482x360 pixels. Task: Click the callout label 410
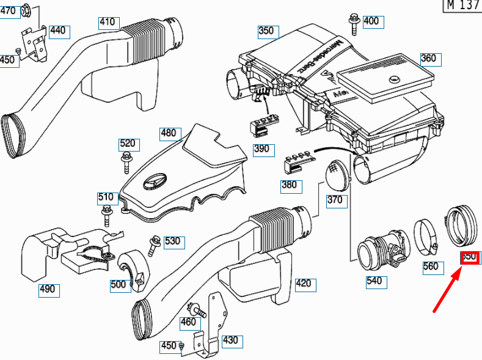click(108, 23)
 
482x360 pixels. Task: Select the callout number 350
click(267, 31)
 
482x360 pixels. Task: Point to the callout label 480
click(168, 133)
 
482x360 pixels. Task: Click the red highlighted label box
click(470, 257)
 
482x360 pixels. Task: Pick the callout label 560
click(431, 266)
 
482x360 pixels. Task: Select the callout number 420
click(303, 283)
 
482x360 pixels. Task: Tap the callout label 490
click(48, 289)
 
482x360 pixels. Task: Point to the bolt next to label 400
click(354, 23)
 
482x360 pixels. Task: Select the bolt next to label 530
click(153, 245)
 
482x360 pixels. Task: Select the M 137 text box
click(461, 6)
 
